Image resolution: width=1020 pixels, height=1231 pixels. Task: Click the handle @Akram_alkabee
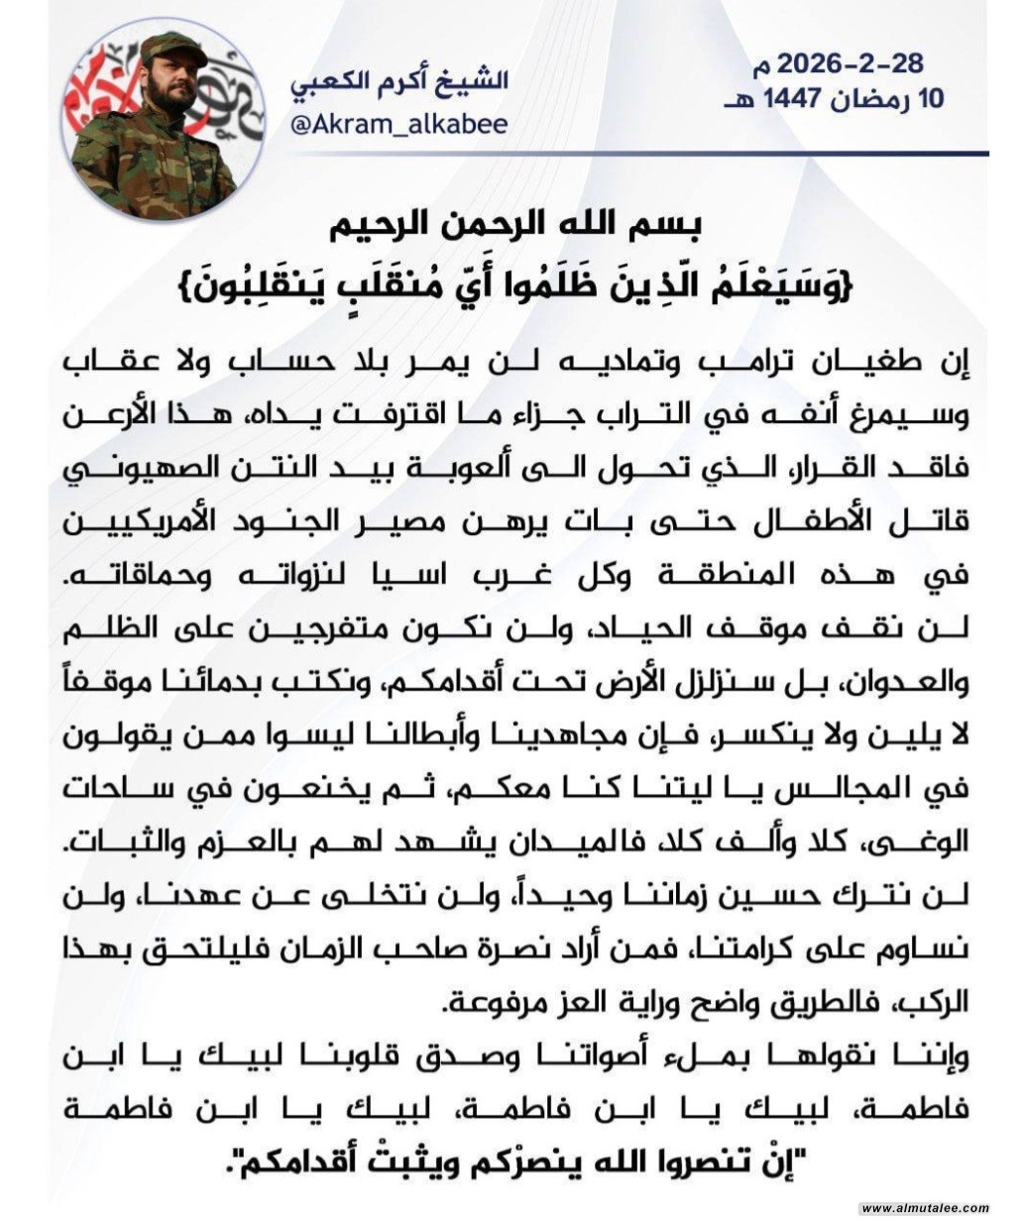pyautogui.click(x=398, y=124)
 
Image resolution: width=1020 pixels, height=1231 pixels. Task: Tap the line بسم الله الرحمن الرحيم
pyautogui.click(x=508, y=225)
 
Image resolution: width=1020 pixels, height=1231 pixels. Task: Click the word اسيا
pyautogui.click(x=413, y=579)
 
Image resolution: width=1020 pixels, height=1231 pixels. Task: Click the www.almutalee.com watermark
pyautogui.click(x=924, y=1208)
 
